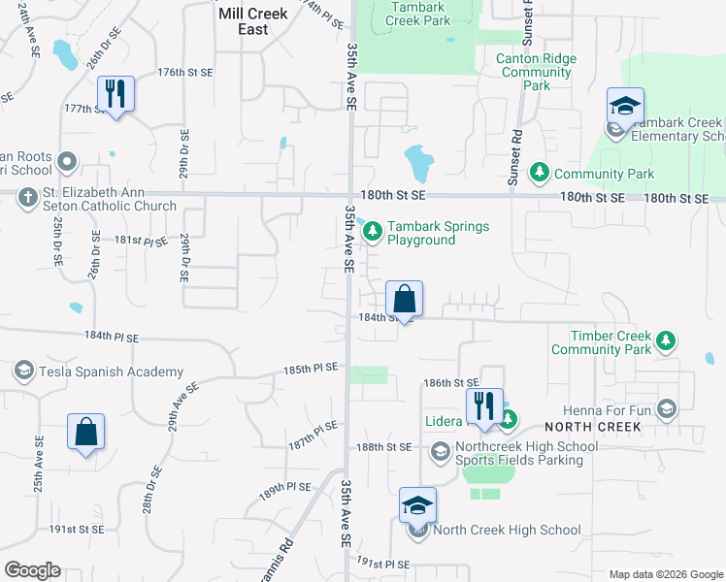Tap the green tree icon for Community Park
(539, 174)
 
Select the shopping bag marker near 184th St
(405, 299)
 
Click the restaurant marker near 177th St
(115, 94)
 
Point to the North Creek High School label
(507, 530)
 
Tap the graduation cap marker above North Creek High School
(418, 505)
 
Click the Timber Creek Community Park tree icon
(666, 340)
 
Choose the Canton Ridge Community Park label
(536, 72)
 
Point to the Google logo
(32, 570)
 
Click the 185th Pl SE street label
(311, 369)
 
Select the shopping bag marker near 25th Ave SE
(86, 433)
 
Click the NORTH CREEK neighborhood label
(592, 427)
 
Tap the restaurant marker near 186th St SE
(483, 407)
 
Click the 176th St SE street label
(184, 73)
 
